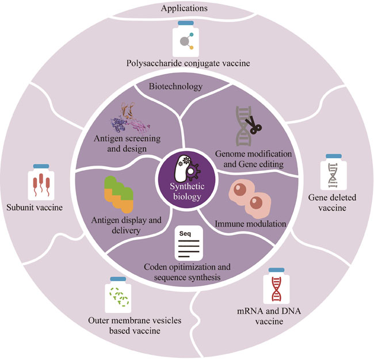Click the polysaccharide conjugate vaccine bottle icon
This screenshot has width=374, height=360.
185,39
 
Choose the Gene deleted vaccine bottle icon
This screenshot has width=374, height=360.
333,174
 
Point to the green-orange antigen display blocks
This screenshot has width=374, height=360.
118,196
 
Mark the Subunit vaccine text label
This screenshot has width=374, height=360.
34,208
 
